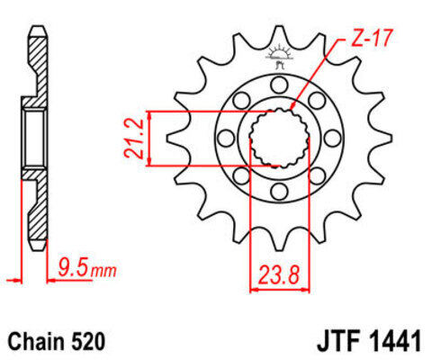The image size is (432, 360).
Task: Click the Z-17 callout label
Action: [371, 38]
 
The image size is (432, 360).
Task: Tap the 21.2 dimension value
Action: [133, 138]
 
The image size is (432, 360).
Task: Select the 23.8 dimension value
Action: [279, 275]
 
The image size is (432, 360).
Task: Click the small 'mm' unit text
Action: [103, 271]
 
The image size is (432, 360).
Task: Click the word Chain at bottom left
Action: [36, 341]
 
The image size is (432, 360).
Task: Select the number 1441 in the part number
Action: [394, 341]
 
